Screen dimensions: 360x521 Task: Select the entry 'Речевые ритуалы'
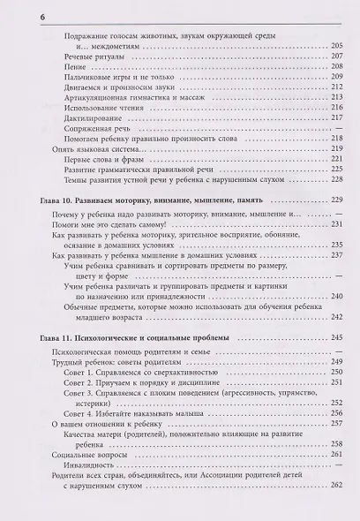coord(94,78)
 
